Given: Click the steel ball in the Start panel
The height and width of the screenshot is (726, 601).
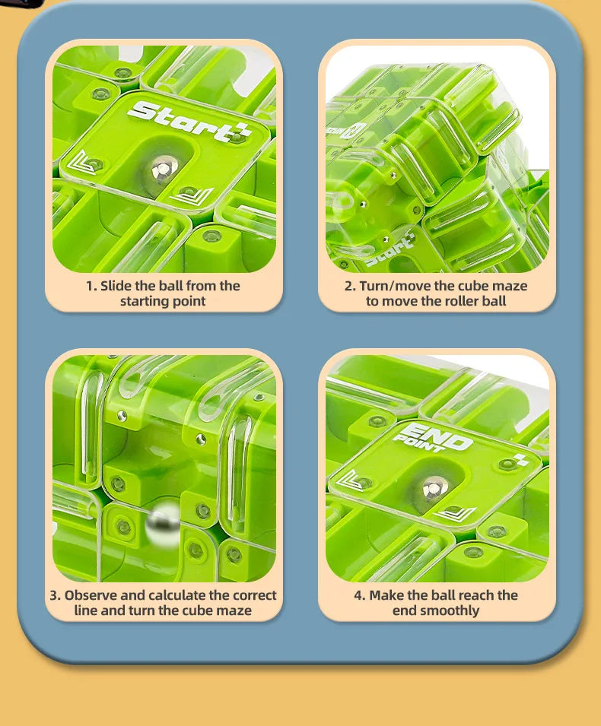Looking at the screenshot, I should [162, 169].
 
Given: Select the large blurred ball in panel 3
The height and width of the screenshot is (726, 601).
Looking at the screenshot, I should [164, 525].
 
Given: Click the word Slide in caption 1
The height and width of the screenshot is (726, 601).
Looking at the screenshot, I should [116, 286].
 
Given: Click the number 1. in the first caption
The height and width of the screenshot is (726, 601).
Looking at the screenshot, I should [91, 286].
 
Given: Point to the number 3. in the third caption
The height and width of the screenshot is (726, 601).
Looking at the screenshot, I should [56, 595].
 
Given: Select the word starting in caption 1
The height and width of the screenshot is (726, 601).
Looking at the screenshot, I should [144, 301].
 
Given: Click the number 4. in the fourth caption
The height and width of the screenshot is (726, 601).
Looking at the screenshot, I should [359, 595].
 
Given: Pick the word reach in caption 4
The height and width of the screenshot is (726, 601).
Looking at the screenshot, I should [471, 595].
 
